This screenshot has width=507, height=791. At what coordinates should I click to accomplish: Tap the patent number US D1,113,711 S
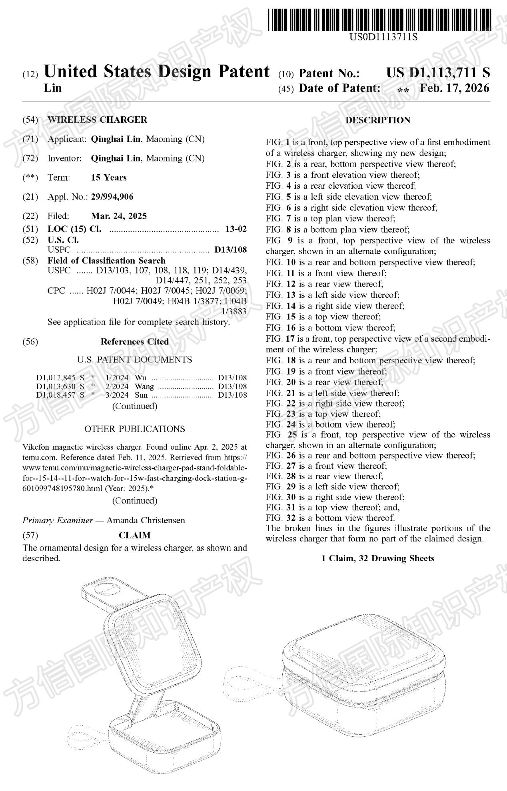(x=438, y=73)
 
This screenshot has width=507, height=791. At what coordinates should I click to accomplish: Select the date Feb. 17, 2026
(x=454, y=88)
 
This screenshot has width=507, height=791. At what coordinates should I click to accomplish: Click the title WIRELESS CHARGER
(x=97, y=120)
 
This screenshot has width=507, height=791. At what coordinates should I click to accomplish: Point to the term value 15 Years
(x=109, y=177)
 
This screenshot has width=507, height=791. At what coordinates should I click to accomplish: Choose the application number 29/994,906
(x=112, y=197)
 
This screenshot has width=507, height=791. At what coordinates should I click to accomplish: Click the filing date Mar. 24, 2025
(x=119, y=216)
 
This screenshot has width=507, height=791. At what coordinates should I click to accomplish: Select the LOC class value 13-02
(x=236, y=229)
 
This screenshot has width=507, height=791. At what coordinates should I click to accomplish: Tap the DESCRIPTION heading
(x=378, y=120)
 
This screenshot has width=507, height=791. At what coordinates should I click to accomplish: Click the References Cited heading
(x=134, y=342)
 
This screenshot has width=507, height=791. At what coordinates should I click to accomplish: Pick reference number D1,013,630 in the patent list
(x=56, y=387)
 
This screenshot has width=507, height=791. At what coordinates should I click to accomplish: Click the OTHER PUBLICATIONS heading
(x=134, y=429)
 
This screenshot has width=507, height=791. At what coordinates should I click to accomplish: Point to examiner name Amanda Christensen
(x=146, y=520)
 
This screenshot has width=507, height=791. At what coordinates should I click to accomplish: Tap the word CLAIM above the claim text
(x=134, y=535)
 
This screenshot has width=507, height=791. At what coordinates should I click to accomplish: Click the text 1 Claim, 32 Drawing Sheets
(x=377, y=558)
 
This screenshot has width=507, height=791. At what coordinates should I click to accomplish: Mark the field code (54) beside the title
(x=30, y=120)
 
